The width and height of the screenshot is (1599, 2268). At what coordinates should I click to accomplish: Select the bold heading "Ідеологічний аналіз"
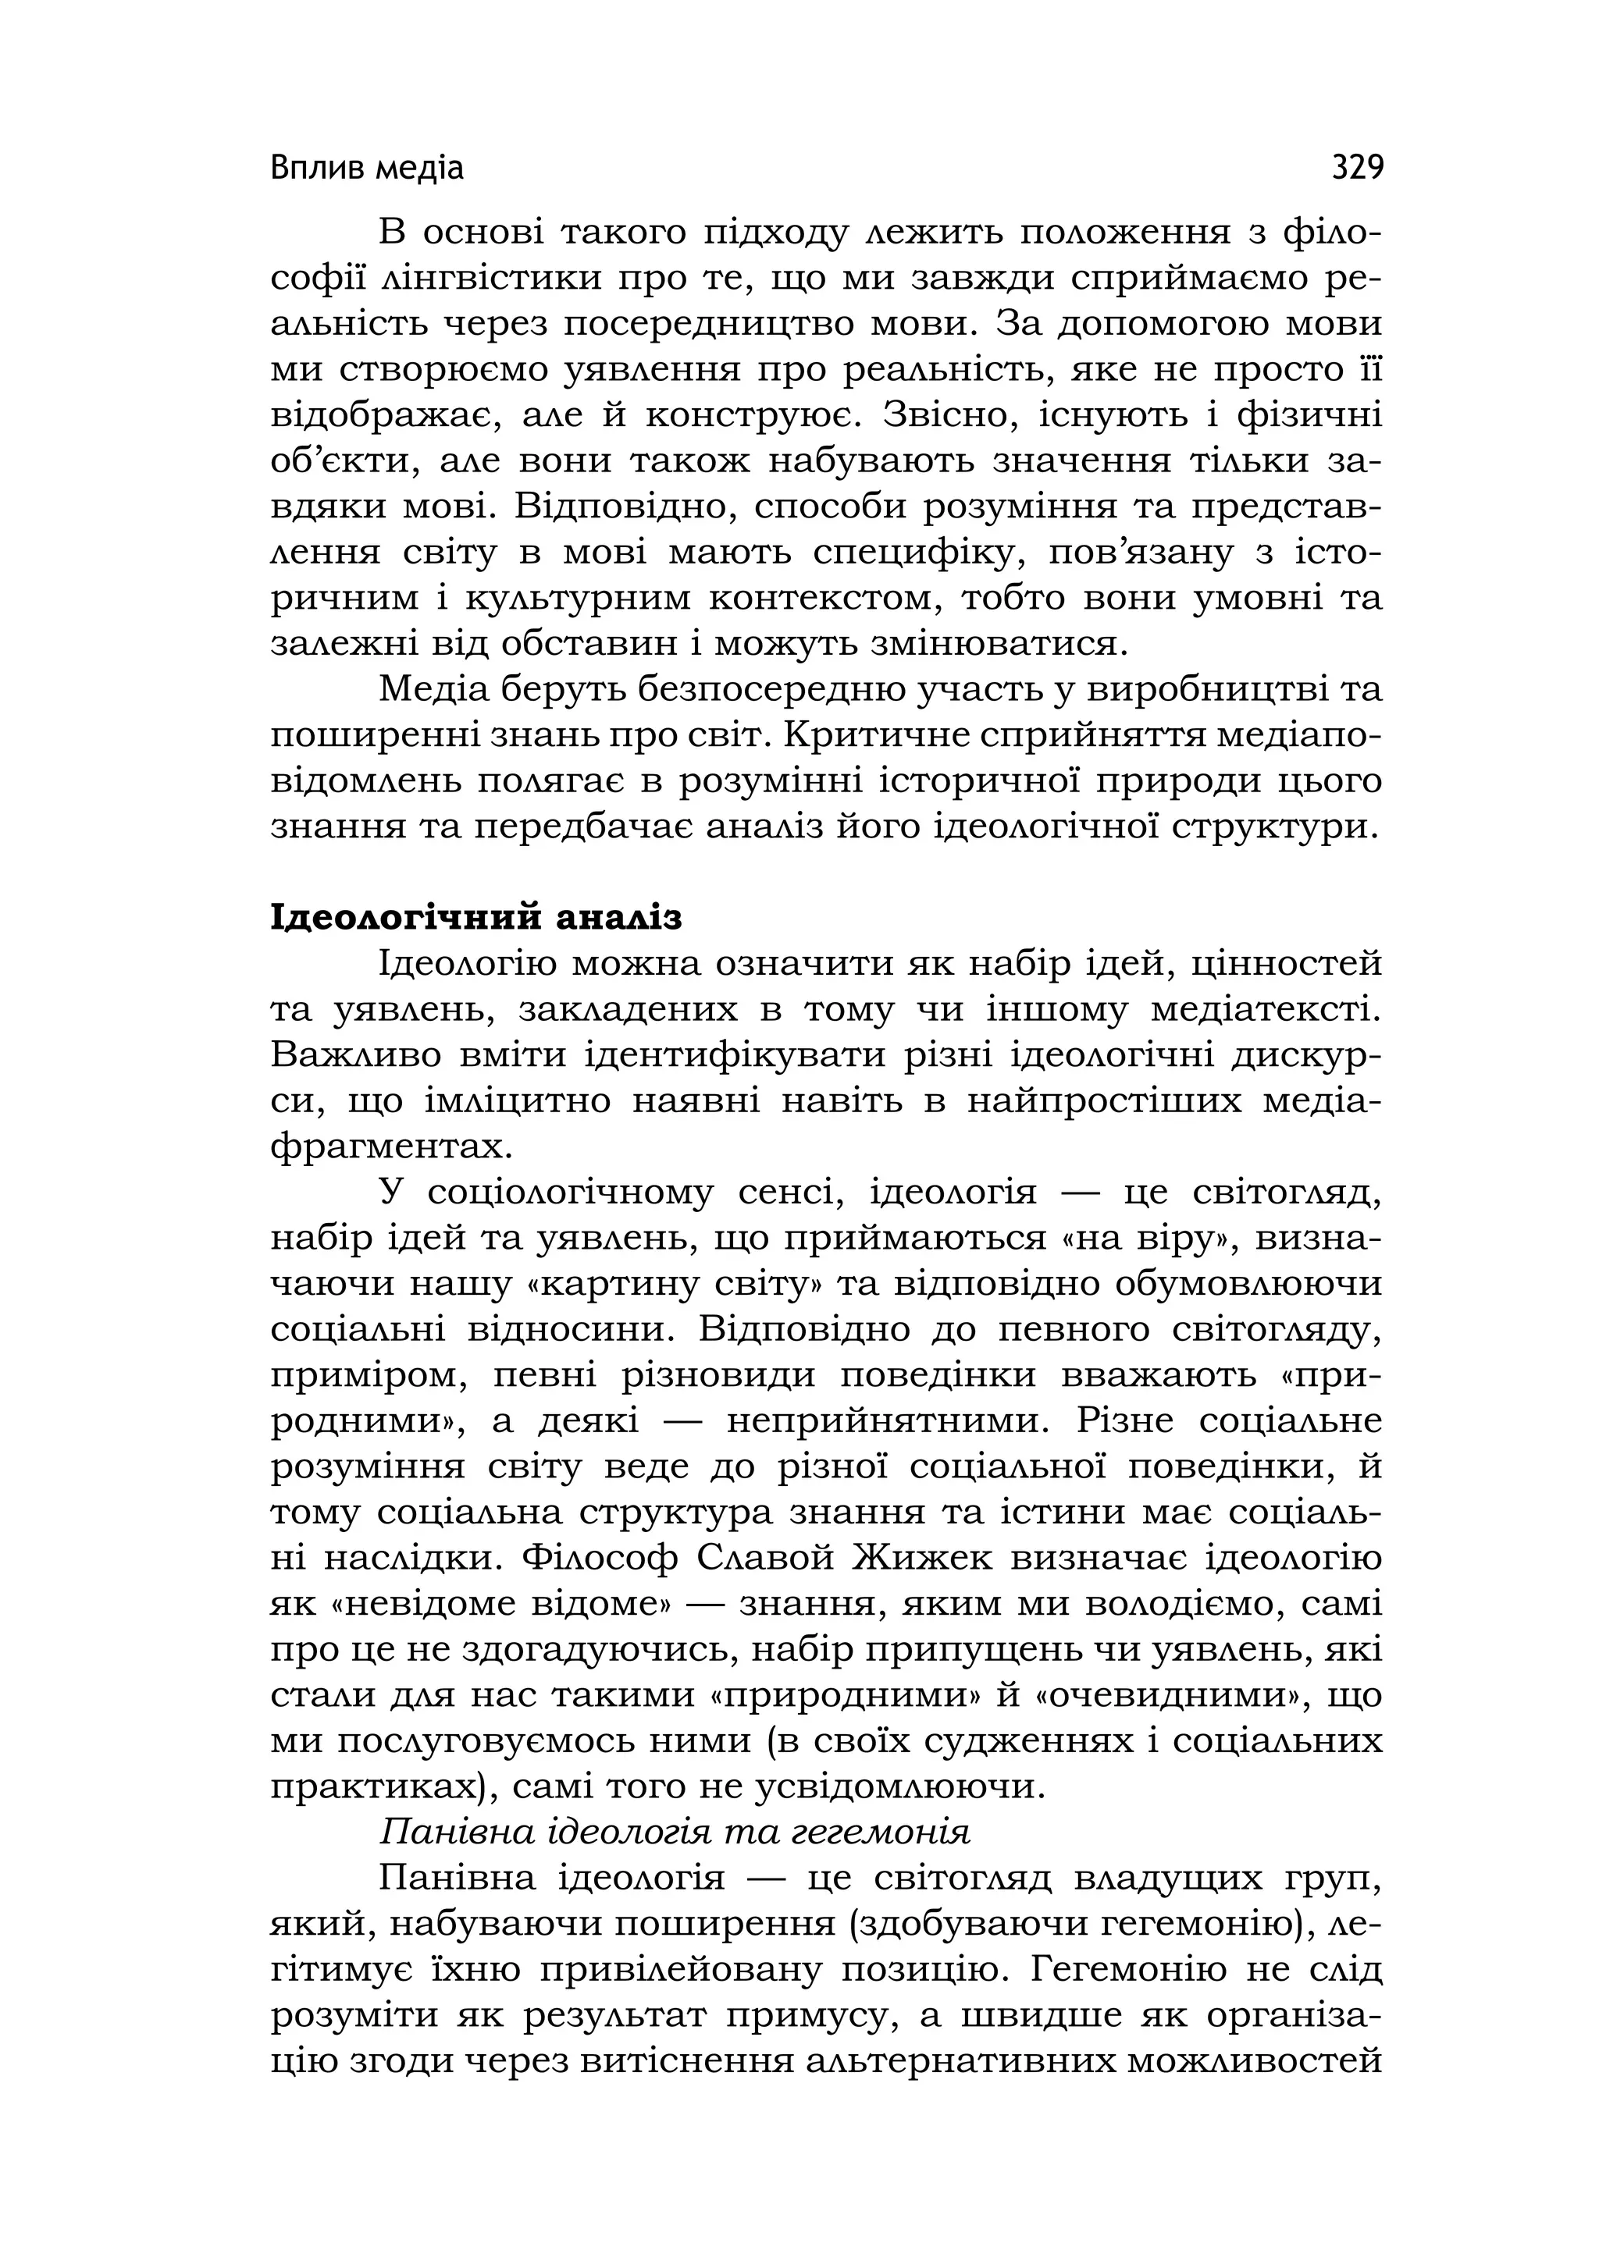476,918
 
